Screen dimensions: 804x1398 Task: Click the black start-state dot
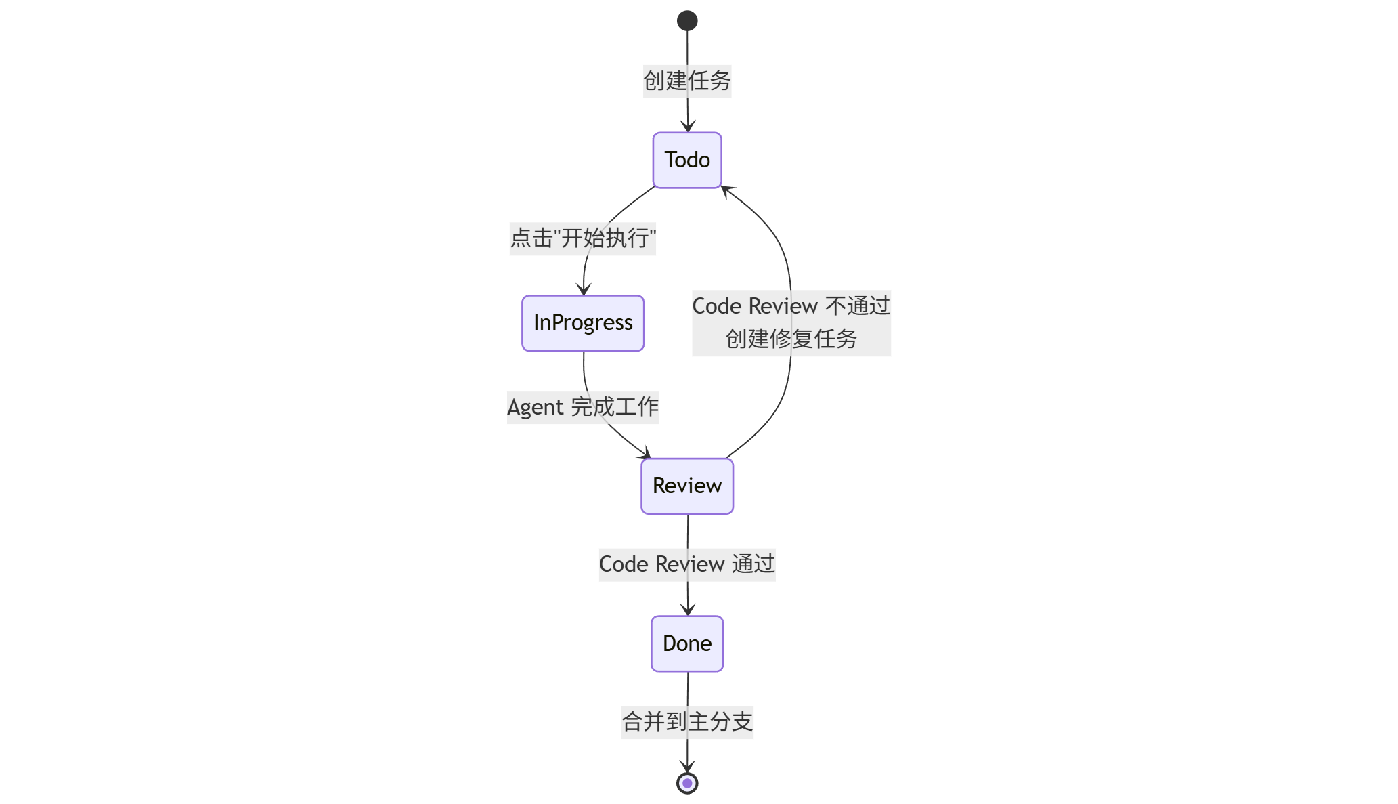tap(687, 21)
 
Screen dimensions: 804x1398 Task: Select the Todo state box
tap(687, 160)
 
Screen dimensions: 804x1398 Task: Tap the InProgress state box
tap(583, 323)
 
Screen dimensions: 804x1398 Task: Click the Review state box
tap(687, 486)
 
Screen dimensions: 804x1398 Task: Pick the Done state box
tap(687, 643)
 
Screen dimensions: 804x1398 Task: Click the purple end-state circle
tap(687, 783)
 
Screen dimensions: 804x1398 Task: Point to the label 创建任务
tap(687, 81)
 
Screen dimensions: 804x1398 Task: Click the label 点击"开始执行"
tap(583, 238)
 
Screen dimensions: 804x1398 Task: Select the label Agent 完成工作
tap(583, 407)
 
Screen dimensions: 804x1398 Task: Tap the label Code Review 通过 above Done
tap(687, 564)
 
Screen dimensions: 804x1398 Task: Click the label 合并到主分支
tap(687, 721)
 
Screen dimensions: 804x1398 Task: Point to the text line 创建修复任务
tap(791, 339)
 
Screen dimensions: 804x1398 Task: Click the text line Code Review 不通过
tap(791, 306)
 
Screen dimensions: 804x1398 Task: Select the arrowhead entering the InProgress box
tap(584, 290)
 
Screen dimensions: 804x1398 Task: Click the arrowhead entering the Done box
tap(688, 610)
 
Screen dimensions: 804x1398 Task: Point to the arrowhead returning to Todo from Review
tap(726, 191)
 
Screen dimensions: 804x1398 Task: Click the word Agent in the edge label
tap(536, 408)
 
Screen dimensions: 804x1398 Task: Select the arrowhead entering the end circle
tap(687, 767)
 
